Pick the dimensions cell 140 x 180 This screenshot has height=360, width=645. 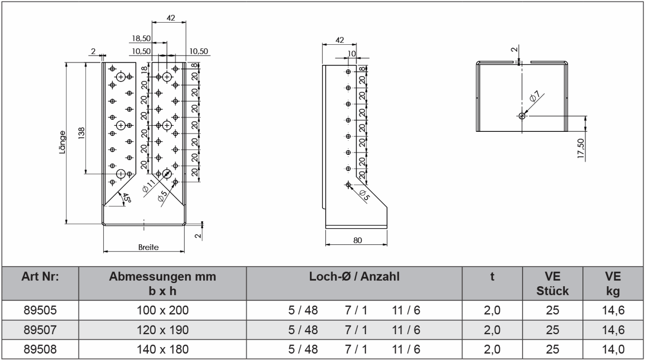pyautogui.click(x=163, y=348)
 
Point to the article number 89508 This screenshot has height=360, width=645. pyautogui.click(x=40, y=348)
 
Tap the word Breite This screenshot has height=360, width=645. pyautogui.click(x=148, y=248)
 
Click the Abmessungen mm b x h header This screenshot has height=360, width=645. pyautogui.click(x=163, y=283)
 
